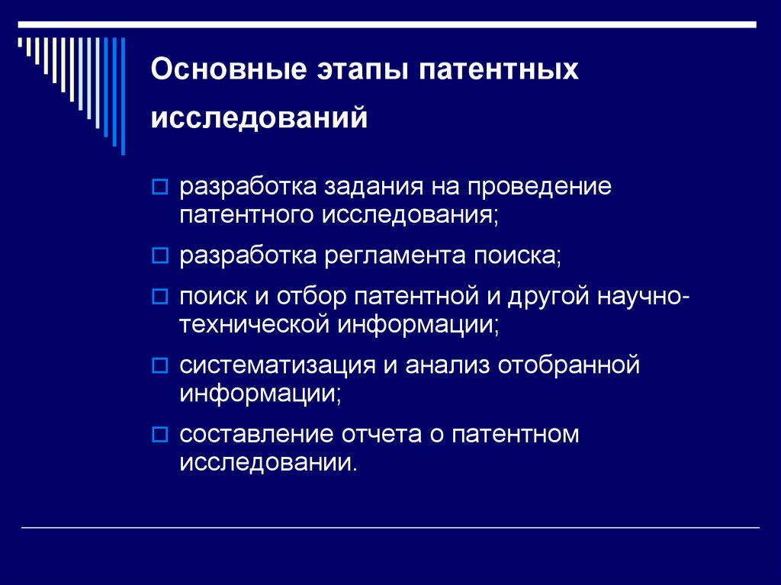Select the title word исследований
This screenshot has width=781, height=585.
pyautogui.click(x=259, y=118)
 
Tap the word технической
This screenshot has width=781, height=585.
pyautogui.click(x=254, y=324)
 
